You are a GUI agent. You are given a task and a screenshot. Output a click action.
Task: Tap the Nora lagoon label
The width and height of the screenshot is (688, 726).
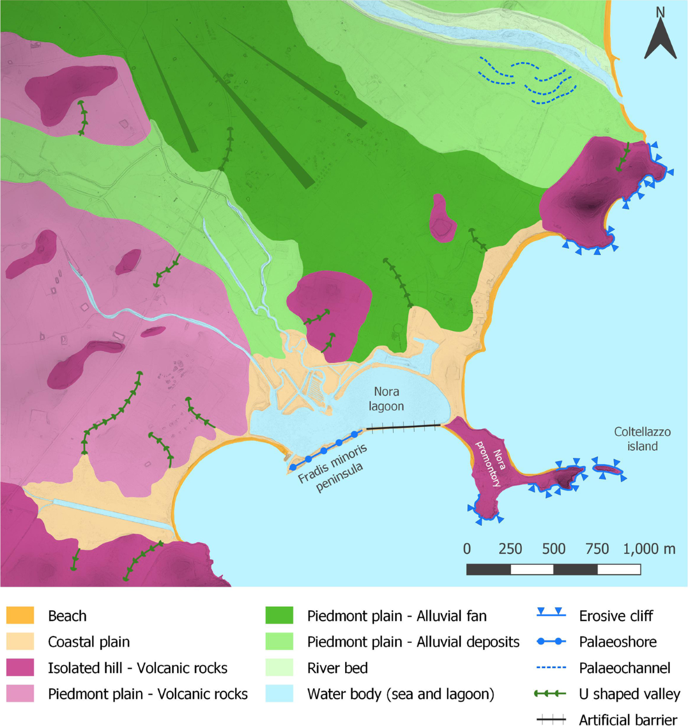click(386, 399)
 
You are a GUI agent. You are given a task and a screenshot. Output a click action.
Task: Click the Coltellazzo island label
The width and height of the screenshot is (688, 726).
click(642, 439)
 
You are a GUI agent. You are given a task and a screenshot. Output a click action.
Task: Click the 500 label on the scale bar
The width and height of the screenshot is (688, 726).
click(553, 549)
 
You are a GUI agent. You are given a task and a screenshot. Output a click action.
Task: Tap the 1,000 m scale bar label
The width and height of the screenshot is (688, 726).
click(649, 549)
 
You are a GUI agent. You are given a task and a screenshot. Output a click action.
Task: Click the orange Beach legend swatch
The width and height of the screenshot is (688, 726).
click(20, 616)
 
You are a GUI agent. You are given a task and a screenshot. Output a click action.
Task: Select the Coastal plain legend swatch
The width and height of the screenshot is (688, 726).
click(20, 642)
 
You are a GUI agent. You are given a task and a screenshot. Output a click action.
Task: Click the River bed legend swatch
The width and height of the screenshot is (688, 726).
click(279, 668)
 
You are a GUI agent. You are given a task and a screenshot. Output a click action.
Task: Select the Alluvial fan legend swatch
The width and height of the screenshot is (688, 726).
click(279, 616)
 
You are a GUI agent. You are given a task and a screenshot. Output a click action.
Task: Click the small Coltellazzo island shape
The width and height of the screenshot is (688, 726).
click(607, 470)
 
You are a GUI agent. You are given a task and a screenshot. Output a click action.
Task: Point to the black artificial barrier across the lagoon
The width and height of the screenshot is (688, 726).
click(404, 427)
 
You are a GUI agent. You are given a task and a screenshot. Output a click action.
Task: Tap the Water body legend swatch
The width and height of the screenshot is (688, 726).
click(279, 694)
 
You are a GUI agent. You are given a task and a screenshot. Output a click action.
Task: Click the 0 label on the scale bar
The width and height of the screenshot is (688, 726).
click(467, 549)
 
